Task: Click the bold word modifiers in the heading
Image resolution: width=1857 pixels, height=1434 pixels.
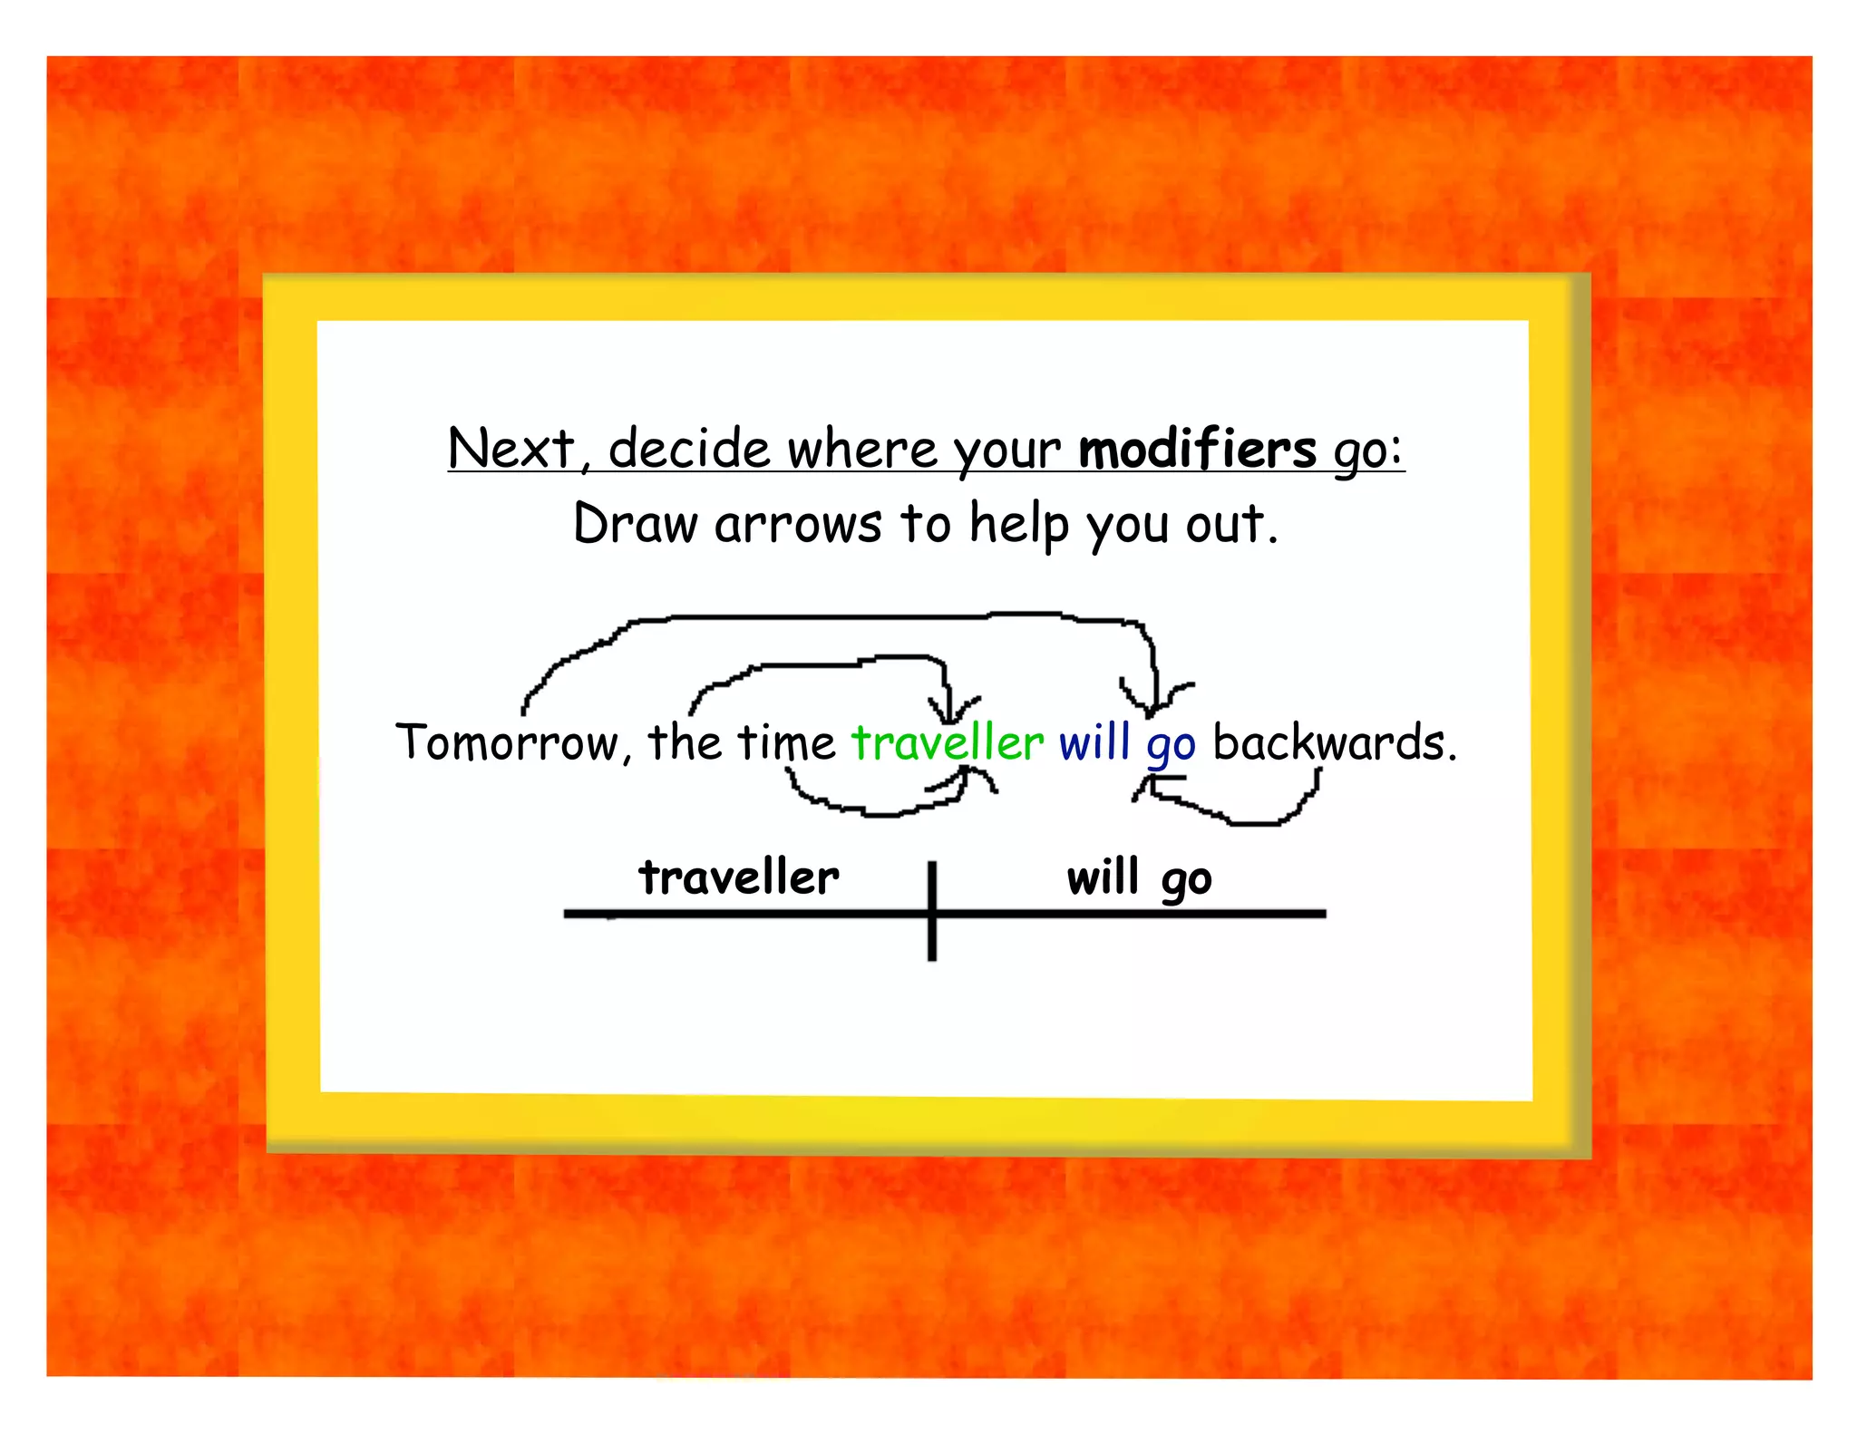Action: coord(1197,449)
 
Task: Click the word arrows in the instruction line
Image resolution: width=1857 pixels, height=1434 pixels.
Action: coord(797,524)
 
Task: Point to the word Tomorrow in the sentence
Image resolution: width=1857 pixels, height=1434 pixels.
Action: coord(508,743)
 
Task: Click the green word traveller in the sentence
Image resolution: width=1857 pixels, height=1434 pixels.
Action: coord(948,743)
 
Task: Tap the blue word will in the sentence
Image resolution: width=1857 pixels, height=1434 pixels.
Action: coord(1094,743)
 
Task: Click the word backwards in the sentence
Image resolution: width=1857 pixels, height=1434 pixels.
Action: coord(1328,743)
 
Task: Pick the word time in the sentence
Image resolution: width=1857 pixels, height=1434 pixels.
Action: coord(785,743)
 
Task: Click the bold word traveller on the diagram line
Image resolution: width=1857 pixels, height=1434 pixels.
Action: coord(739,877)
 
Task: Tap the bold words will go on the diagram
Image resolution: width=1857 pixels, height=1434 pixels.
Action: coord(1139,877)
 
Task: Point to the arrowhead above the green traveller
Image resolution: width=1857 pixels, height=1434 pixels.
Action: coord(950,712)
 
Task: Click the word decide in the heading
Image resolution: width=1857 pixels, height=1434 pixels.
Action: coord(689,449)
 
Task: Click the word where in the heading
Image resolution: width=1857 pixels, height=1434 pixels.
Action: coord(861,449)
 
